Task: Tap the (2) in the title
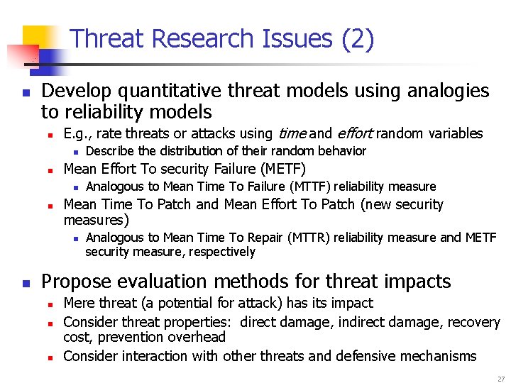pyautogui.click(x=357, y=38)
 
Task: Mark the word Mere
pyautogui.click(x=78, y=304)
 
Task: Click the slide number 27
pyautogui.click(x=500, y=379)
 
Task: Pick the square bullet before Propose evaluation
pyautogui.click(x=26, y=282)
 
